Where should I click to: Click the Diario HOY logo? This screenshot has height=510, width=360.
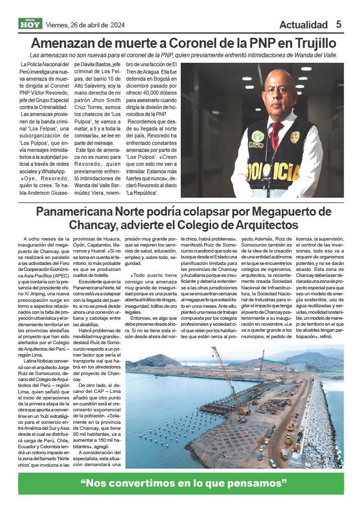(x=30, y=23)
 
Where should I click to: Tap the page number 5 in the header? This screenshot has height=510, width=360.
(x=339, y=24)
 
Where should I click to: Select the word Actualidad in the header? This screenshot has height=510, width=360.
(x=303, y=25)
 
